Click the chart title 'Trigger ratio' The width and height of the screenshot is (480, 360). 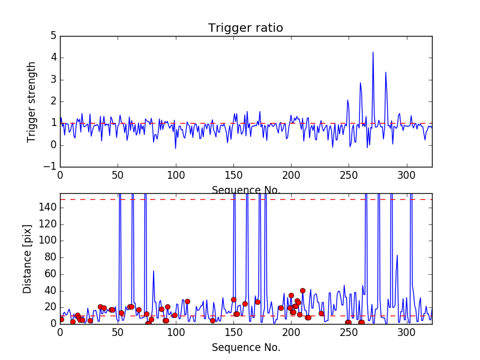[245, 28]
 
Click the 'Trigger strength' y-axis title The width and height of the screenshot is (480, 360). [32, 101]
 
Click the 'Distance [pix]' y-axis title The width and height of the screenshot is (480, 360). [28, 259]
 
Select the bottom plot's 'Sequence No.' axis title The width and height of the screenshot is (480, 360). [245, 347]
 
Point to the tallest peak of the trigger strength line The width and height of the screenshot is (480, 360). [373, 52]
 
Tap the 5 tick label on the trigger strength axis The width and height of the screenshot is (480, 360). [53, 36]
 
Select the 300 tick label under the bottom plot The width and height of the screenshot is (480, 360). [407, 333]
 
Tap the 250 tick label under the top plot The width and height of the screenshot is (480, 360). [349, 177]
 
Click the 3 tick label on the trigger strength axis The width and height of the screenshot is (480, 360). [53, 80]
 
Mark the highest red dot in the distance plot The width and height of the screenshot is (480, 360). [302, 290]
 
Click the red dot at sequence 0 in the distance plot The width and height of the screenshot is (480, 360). [61, 319]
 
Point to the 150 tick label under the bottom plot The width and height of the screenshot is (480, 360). [233, 333]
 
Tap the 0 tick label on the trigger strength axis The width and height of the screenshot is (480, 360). [53, 145]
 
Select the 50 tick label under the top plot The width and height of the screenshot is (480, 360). [118, 177]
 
